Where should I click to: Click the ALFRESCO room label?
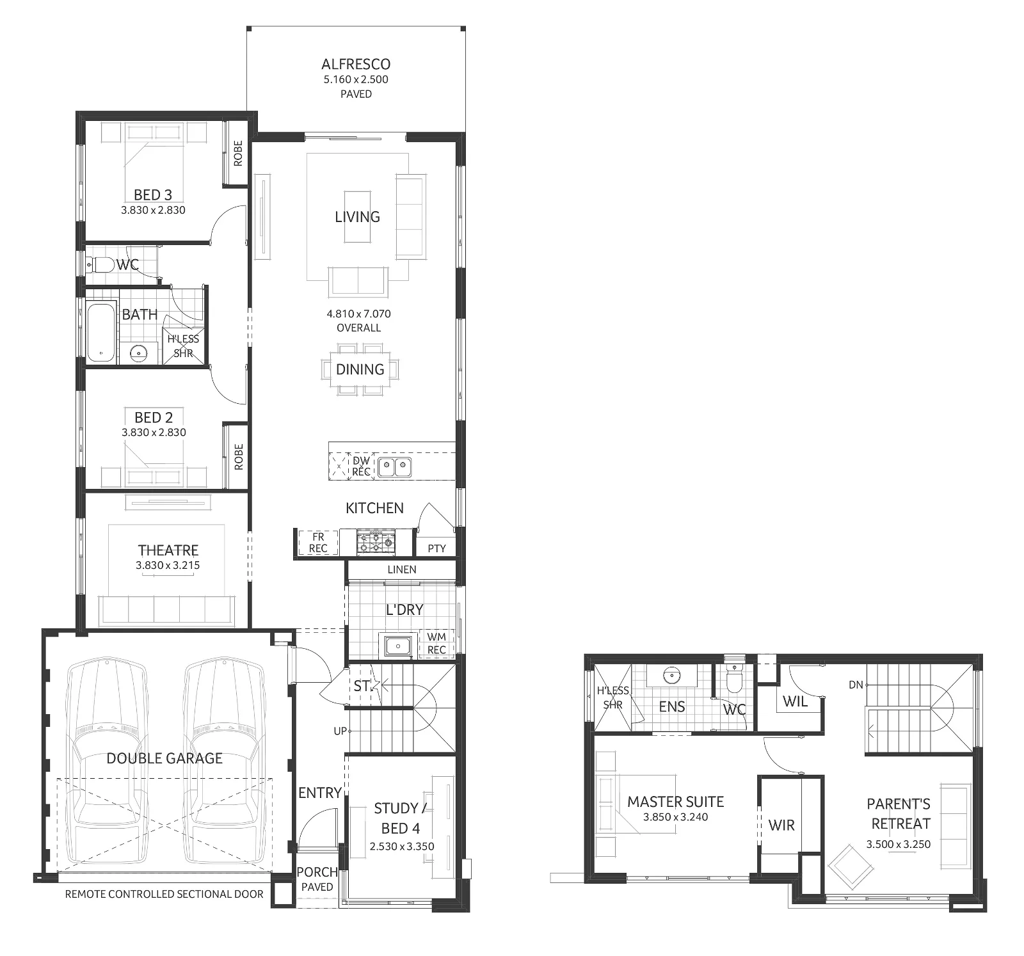[356, 64]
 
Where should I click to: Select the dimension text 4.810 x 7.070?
[358, 314]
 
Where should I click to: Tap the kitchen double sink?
[394, 467]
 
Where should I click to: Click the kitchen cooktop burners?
[376, 542]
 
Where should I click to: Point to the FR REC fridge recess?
[318, 543]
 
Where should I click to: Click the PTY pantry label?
[436, 548]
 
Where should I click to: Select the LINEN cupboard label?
[401, 569]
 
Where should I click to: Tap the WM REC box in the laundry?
[436, 643]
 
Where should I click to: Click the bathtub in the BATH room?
[100, 332]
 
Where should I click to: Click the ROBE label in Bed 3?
[238, 154]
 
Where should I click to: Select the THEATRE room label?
[168, 550]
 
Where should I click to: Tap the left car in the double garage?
[107, 749]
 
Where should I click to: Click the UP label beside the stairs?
[340, 731]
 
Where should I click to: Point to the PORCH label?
[317, 872]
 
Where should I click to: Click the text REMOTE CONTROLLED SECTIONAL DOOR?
[164, 894]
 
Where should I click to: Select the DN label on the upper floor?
[856, 685]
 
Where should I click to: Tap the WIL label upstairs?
[795, 701]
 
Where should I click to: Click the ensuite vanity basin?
[671, 674]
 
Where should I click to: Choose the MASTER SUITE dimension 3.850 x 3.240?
[675, 817]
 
